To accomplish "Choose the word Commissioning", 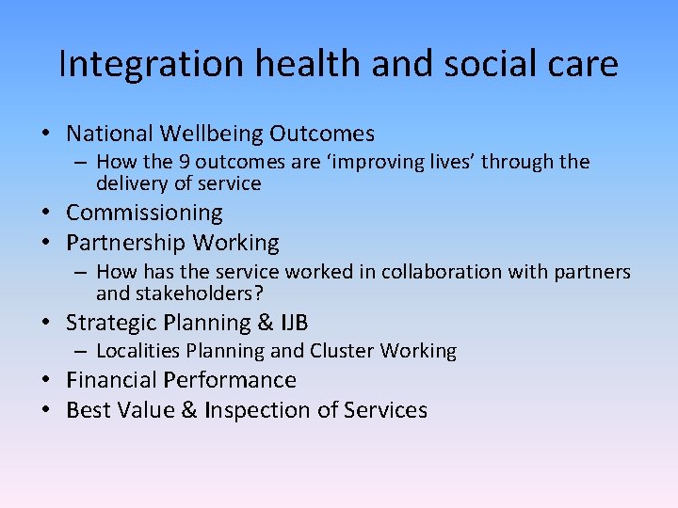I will tap(144, 214).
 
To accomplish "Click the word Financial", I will tap(111, 380).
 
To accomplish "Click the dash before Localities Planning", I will tap(82, 352).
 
